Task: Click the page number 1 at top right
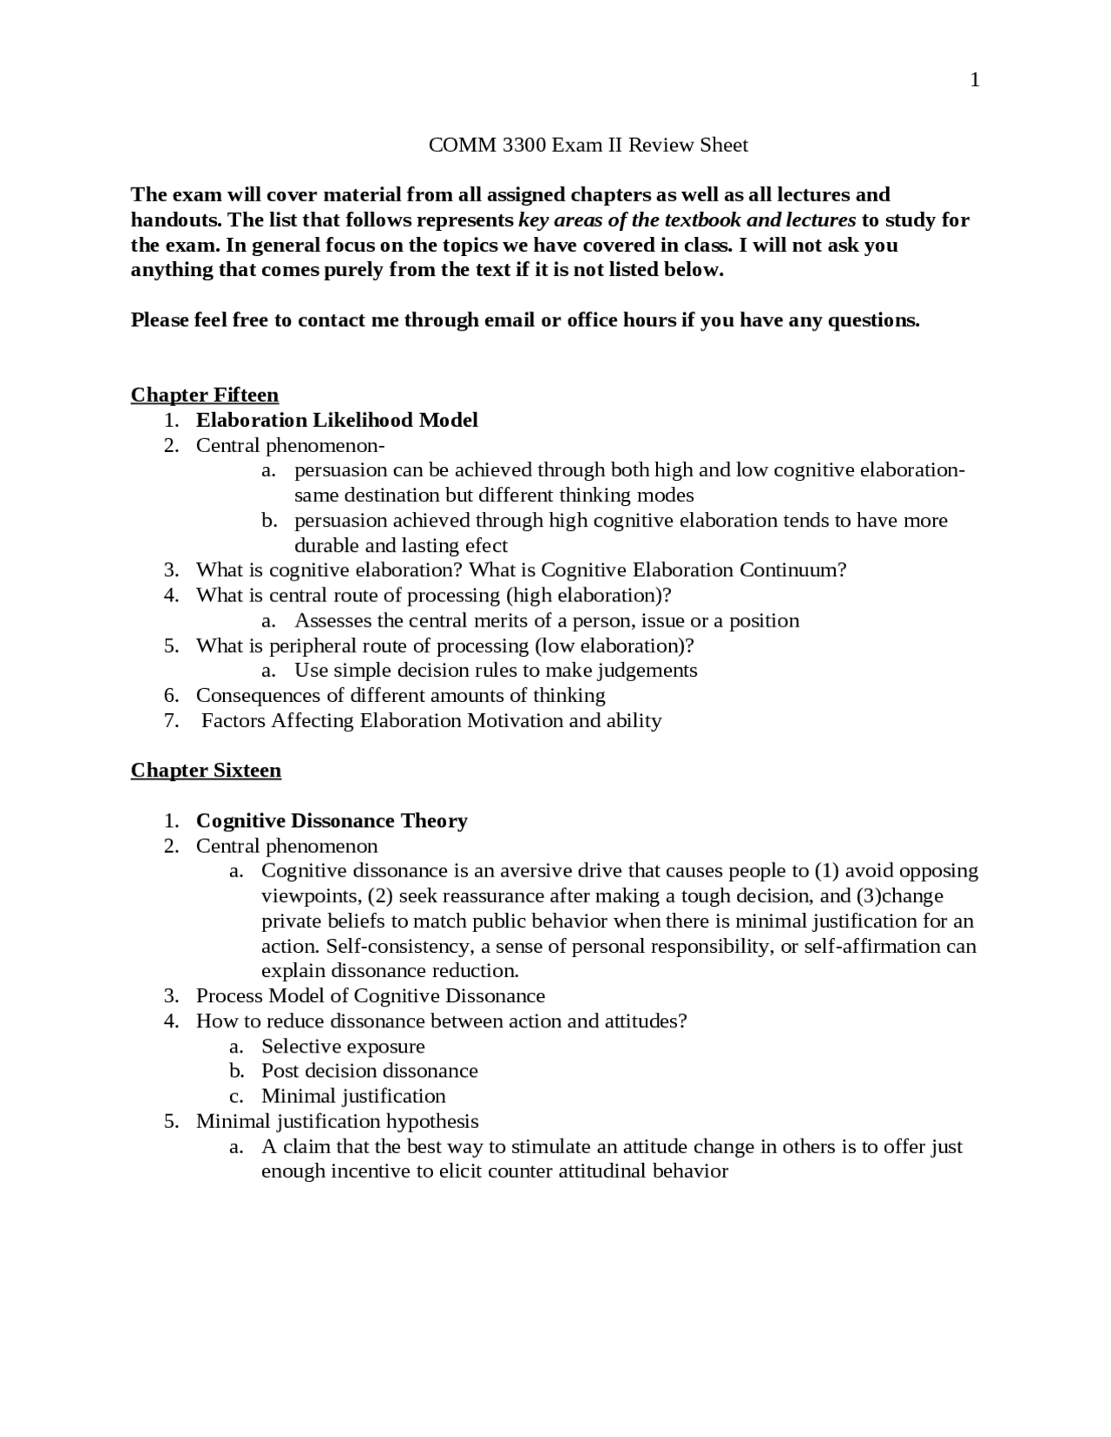coord(975,81)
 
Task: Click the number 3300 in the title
coord(524,145)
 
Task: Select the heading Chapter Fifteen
coord(205,396)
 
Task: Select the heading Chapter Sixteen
coord(206,771)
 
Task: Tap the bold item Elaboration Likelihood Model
coord(337,421)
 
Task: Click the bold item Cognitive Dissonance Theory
coord(332,821)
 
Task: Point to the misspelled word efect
coord(486,546)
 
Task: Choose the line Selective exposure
coord(343,1047)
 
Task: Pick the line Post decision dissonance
coord(370,1071)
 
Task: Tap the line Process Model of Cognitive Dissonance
coord(371,996)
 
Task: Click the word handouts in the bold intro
coord(175,220)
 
